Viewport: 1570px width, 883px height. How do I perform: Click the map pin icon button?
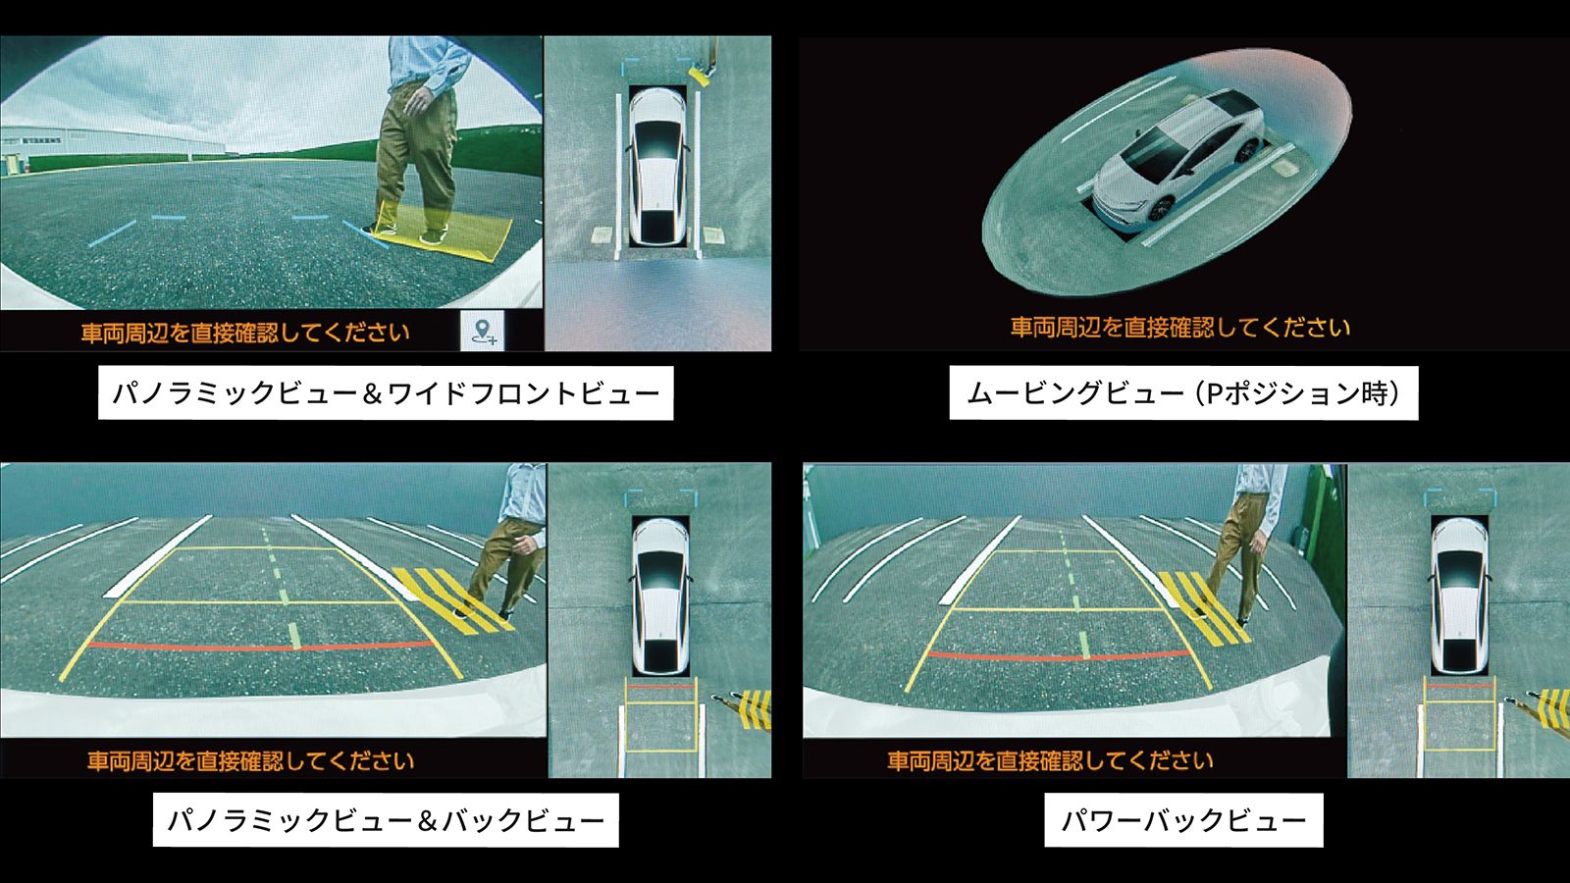483,330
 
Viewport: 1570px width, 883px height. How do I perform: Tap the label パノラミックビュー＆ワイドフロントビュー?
386,393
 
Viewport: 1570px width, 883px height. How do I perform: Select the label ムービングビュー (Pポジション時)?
1183,393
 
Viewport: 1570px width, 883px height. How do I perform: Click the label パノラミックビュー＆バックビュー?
386,820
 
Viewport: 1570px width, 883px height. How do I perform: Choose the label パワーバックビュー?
1183,820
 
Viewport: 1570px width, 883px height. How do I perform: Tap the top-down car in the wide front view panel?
658,167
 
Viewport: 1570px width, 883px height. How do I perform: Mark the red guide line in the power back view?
1059,656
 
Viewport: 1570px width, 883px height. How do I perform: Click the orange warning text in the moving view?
1180,328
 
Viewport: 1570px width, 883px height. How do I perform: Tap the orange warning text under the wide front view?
245,333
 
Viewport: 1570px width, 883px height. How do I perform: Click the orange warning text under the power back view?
1050,760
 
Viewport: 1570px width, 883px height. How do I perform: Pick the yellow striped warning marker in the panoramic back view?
452,599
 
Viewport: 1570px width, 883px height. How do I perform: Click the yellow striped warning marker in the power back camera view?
1204,607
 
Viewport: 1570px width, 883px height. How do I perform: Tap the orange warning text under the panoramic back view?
251,760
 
